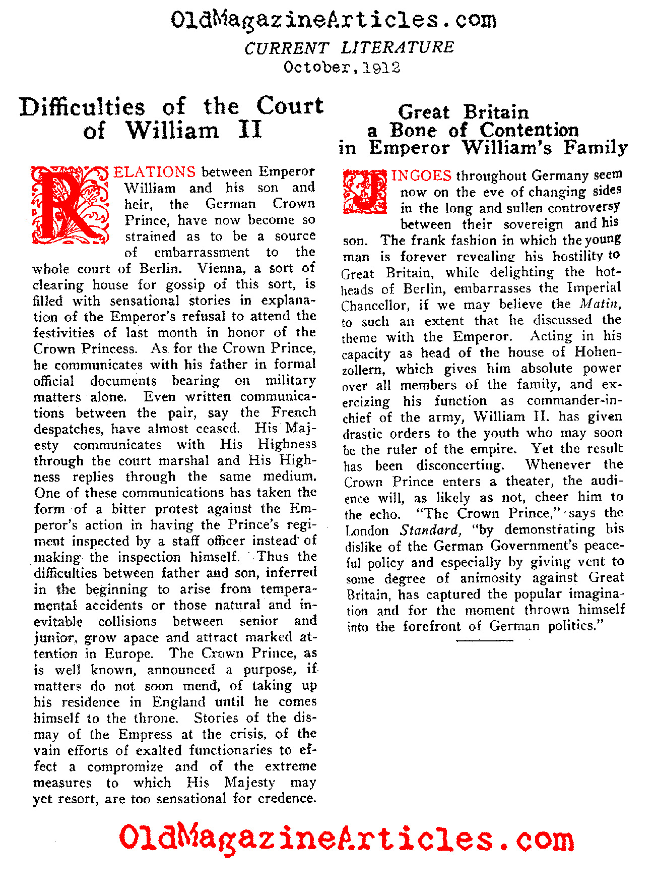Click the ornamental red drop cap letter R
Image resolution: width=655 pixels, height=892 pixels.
[x=70, y=204]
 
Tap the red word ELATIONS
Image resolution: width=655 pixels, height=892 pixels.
[x=154, y=172]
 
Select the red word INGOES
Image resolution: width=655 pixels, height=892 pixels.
[x=421, y=175]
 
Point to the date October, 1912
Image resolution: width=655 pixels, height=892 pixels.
[x=342, y=67]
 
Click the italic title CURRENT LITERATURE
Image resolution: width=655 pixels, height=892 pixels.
[x=349, y=47]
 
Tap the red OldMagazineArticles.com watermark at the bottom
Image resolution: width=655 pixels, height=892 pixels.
[x=347, y=840]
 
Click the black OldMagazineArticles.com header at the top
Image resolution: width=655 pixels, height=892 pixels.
[x=334, y=20]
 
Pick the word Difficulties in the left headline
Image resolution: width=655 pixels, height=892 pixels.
[x=83, y=107]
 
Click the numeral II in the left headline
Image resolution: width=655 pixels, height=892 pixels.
[x=250, y=130]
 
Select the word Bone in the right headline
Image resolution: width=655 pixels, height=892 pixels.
[x=413, y=130]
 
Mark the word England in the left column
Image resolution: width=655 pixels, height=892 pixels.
[x=178, y=702]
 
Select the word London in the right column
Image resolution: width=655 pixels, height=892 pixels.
[x=367, y=530]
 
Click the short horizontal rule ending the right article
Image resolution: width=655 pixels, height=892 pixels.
[x=484, y=640]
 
